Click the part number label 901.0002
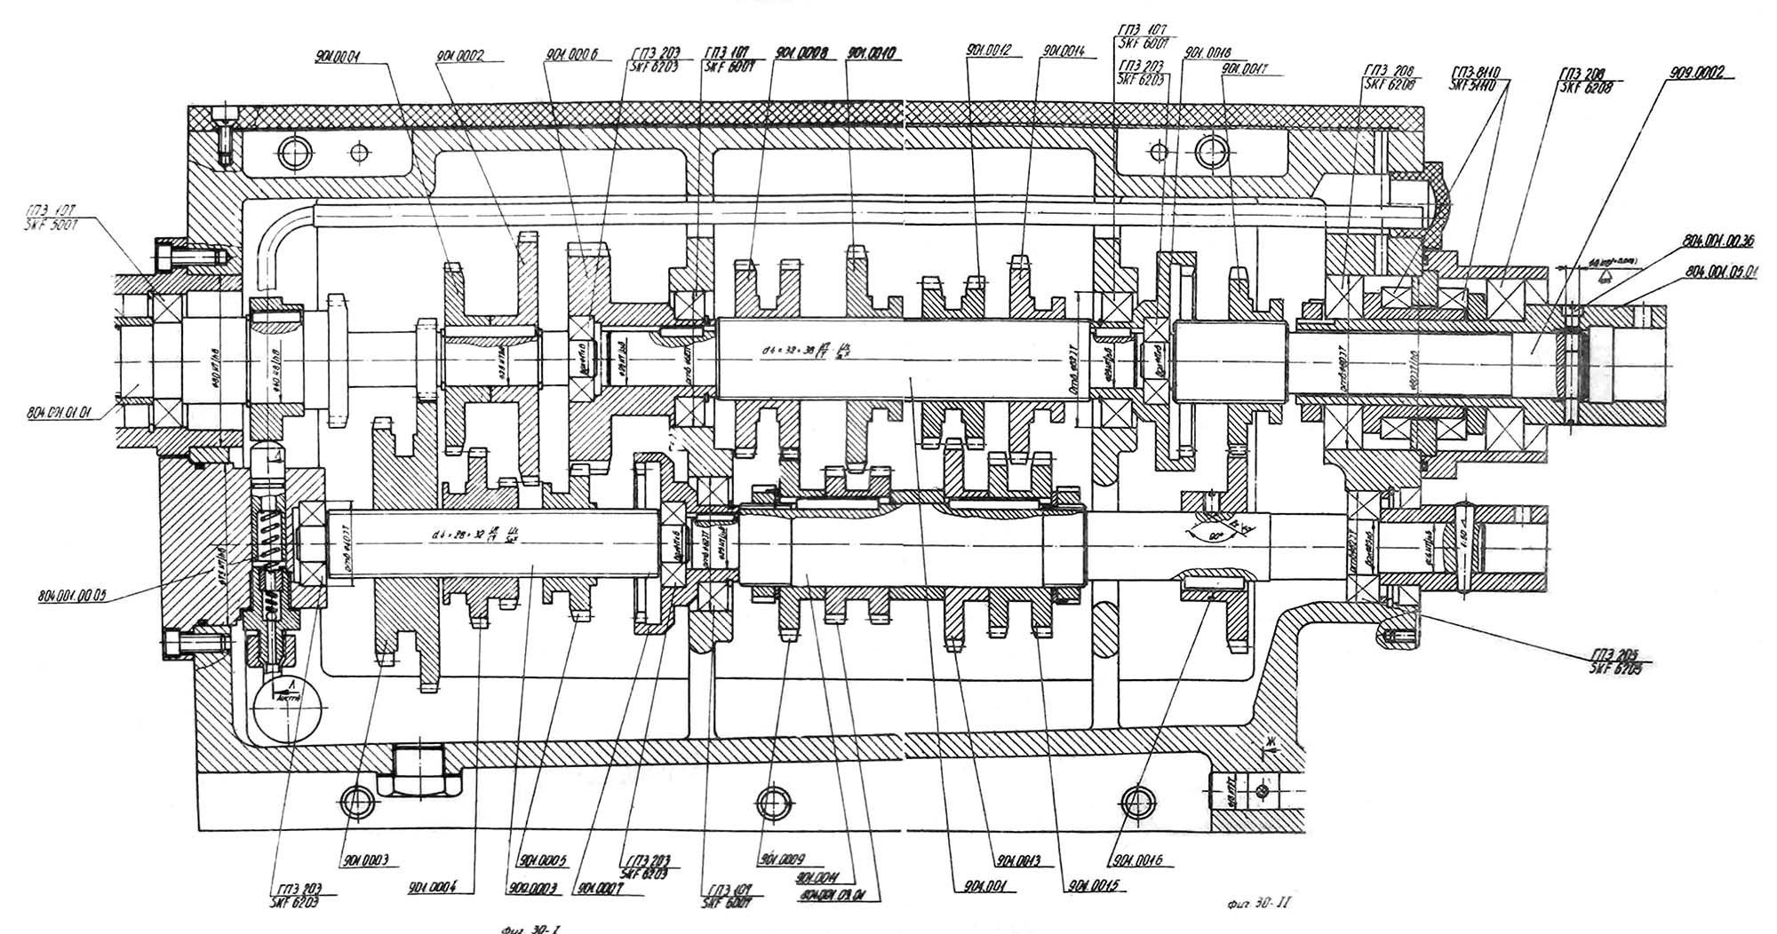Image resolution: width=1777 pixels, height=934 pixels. [460, 56]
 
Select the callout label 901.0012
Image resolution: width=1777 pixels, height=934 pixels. [988, 51]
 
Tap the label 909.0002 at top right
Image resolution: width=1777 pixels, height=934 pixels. [1693, 74]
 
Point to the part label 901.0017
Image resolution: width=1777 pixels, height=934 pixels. [1244, 66]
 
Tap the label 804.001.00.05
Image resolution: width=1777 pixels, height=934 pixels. [72, 596]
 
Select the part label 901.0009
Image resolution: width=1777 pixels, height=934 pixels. [781, 859]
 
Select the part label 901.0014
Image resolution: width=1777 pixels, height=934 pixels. [1064, 51]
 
